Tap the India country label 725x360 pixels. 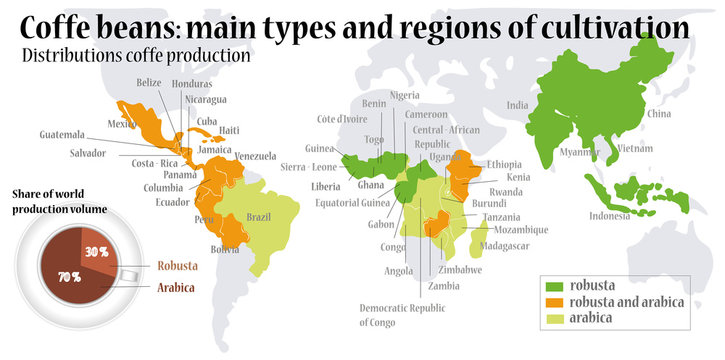517,105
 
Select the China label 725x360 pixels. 659,114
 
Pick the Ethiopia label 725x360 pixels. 504,164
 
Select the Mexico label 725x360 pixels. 121,123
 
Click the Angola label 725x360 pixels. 400,271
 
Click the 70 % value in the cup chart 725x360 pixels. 69,277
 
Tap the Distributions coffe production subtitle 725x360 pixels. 135,56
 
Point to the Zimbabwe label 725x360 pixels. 461,270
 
